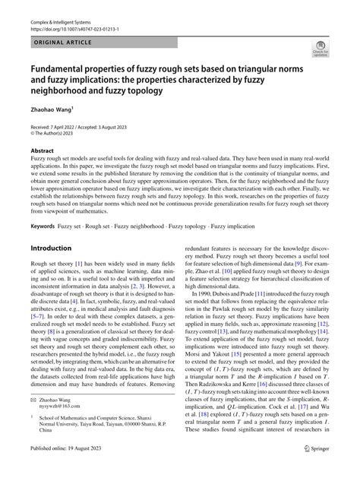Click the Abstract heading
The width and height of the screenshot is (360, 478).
[x=43, y=150]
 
